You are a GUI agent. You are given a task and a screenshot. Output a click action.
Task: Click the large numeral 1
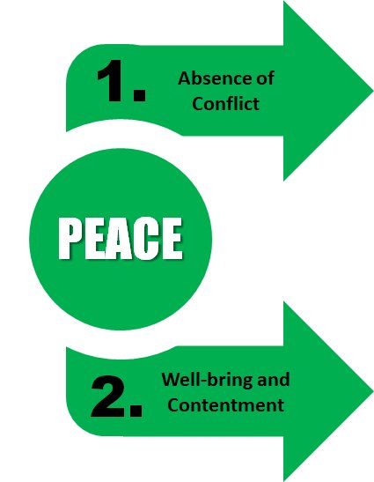coord(110,80)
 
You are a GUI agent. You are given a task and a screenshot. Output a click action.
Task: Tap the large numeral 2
coord(107,397)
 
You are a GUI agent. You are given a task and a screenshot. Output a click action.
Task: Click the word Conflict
coord(225,103)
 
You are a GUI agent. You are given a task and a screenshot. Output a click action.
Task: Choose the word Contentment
coord(225,404)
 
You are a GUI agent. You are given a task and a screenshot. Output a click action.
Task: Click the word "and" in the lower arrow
coord(274,379)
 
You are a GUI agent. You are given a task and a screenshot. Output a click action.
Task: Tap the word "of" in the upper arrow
coord(265,78)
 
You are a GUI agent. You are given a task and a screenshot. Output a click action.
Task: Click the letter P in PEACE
coord(71,238)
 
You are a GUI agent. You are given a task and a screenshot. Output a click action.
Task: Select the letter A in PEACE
coord(119,238)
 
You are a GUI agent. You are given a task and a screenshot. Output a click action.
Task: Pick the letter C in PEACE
coord(146,238)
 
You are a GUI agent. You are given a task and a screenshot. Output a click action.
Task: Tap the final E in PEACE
coord(172,238)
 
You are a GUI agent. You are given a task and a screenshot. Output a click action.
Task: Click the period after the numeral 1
coord(140,94)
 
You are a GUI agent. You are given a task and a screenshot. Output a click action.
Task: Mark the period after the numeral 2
coord(136,411)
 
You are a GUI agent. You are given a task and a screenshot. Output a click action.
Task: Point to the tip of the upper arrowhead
coord(373,91)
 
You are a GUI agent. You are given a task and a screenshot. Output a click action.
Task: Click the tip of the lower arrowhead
coord(373,391)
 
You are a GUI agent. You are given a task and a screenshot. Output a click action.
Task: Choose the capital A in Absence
coord(185,78)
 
